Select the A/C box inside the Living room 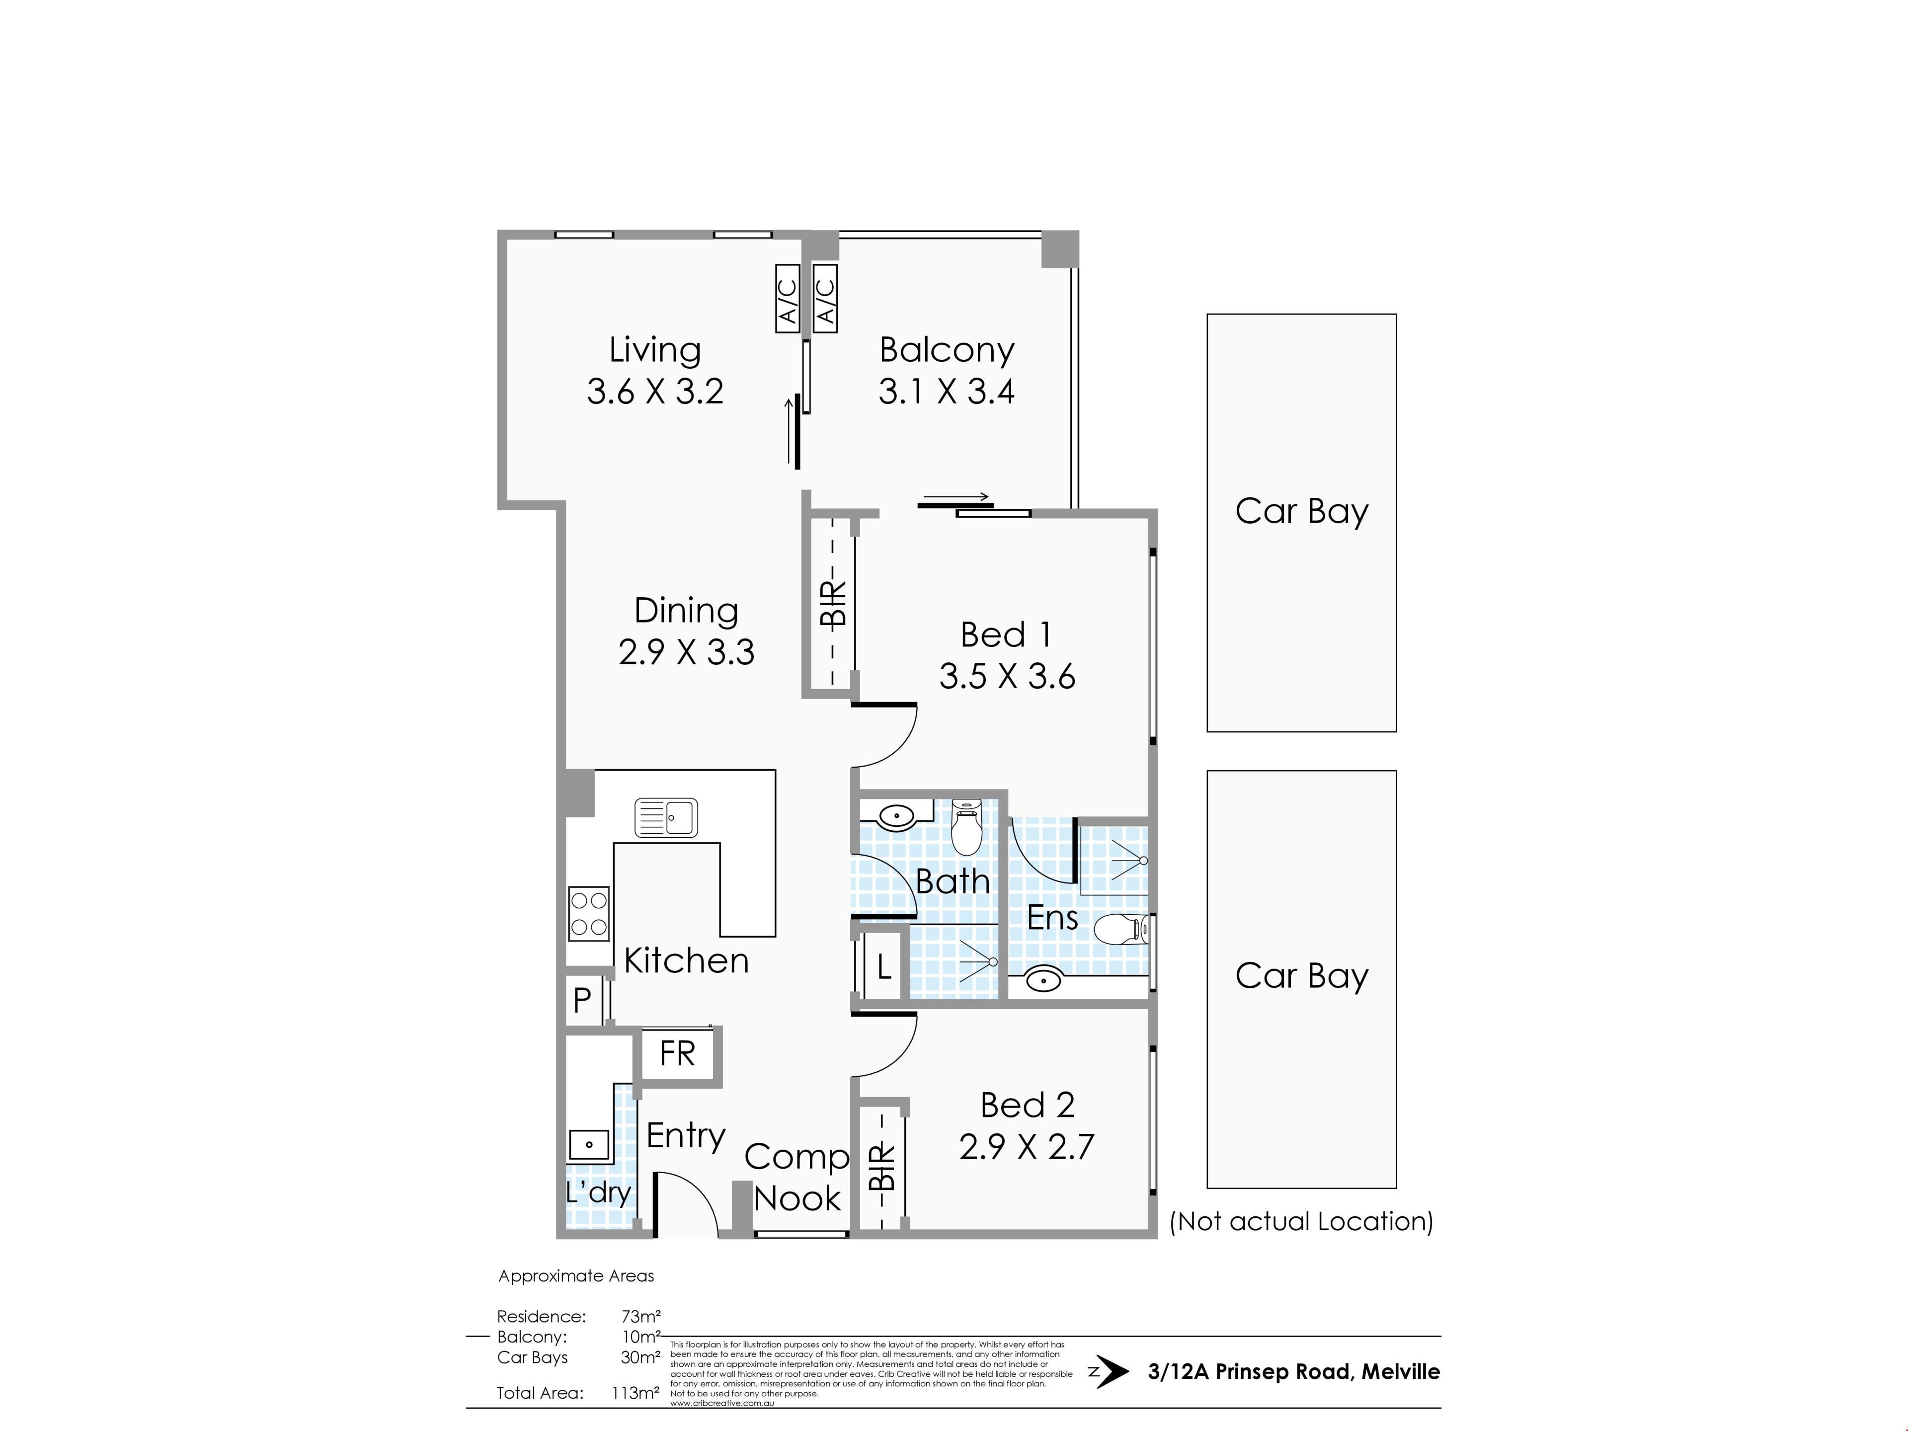point(788,298)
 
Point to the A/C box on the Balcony point(825,298)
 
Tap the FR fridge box point(677,1054)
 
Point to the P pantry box point(583,1001)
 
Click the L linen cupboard point(883,967)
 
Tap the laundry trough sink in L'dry point(589,1145)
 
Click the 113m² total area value point(636,1392)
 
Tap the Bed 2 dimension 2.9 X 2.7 point(1027,1146)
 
